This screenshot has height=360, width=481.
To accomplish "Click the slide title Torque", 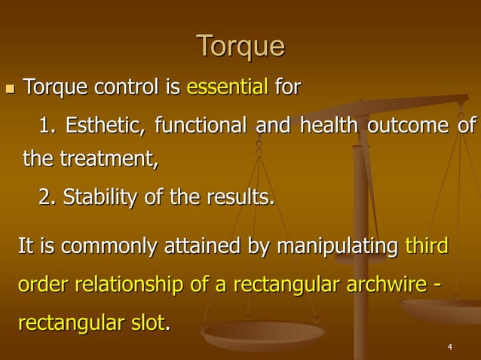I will (240, 47).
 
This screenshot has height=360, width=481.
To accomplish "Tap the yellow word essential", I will (227, 88).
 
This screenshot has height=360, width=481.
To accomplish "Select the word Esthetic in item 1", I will (106, 125).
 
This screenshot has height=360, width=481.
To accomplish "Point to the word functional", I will (201, 125).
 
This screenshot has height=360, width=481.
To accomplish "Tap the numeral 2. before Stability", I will (47, 197).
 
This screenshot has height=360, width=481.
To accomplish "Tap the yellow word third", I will (427, 246).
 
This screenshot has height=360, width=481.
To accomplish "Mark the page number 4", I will (449, 347).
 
